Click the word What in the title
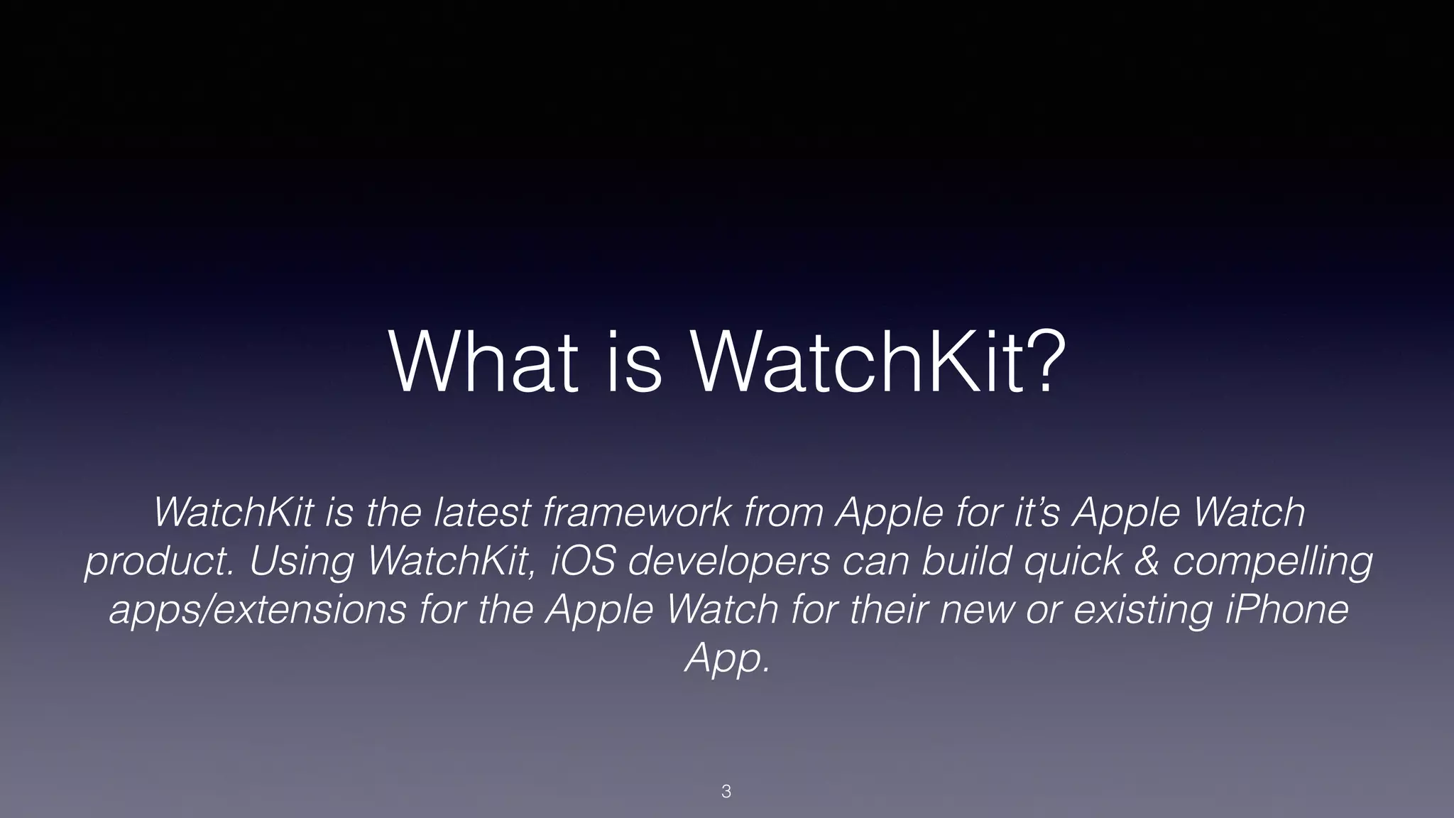click(483, 364)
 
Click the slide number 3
click(726, 792)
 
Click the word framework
click(636, 512)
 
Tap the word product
click(159, 562)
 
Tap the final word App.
click(726, 659)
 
